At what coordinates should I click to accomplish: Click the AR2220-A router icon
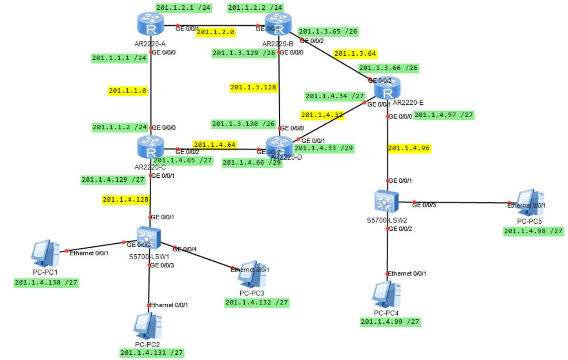(151, 24)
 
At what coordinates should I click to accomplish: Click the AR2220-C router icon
(151, 148)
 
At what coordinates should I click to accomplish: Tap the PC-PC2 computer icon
(148, 326)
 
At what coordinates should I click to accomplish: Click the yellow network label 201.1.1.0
(127, 91)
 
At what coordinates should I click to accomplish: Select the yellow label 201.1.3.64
(355, 54)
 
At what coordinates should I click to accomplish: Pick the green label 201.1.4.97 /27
(444, 116)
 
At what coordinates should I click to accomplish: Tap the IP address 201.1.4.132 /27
(257, 303)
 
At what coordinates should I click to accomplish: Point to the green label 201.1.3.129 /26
(244, 53)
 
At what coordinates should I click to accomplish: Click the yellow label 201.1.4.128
(126, 200)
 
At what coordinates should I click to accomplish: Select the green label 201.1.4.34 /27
(335, 96)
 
